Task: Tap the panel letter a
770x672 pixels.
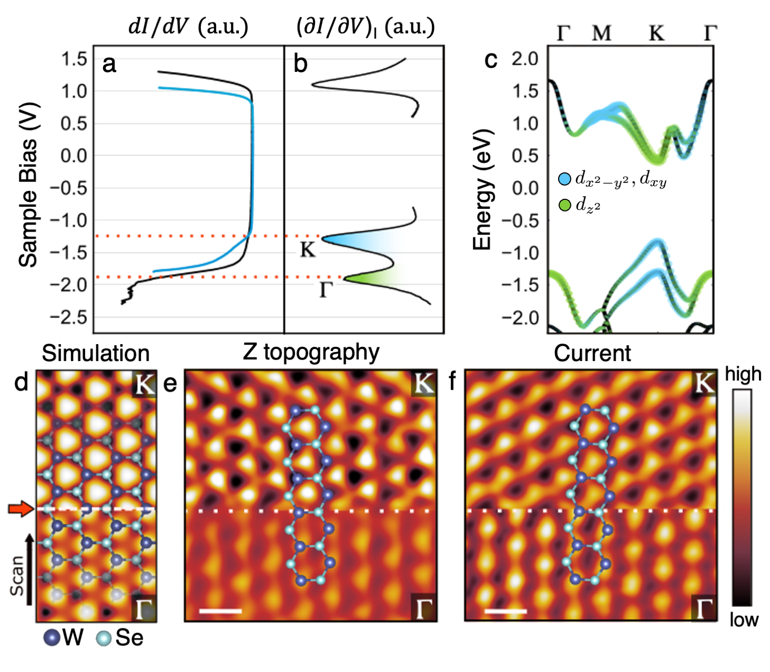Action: click(x=109, y=64)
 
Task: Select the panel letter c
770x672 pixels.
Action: click(x=490, y=60)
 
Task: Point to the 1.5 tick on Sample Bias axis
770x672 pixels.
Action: click(x=74, y=59)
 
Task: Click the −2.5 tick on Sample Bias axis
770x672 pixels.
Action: click(x=68, y=317)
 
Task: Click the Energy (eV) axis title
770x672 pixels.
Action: click(x=482, y=189)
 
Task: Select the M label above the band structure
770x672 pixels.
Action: click(x=601, y=34)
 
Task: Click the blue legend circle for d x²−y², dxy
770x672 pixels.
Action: click(x=565, y=179)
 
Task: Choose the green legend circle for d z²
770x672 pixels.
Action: click(x=565, y=204)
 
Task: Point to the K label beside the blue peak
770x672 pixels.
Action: click(x=308, y=250)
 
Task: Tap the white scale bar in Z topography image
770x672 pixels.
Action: click(x=220, y=611)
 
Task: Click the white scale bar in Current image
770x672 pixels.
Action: click(x=505, y=611)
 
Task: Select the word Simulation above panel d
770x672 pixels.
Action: click(x=96, y=353)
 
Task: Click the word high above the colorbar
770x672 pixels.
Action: click(x=743, y=374)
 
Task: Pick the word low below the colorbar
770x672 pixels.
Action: click(x=744, y=620)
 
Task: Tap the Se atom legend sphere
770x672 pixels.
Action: click(x=104, y=638)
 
